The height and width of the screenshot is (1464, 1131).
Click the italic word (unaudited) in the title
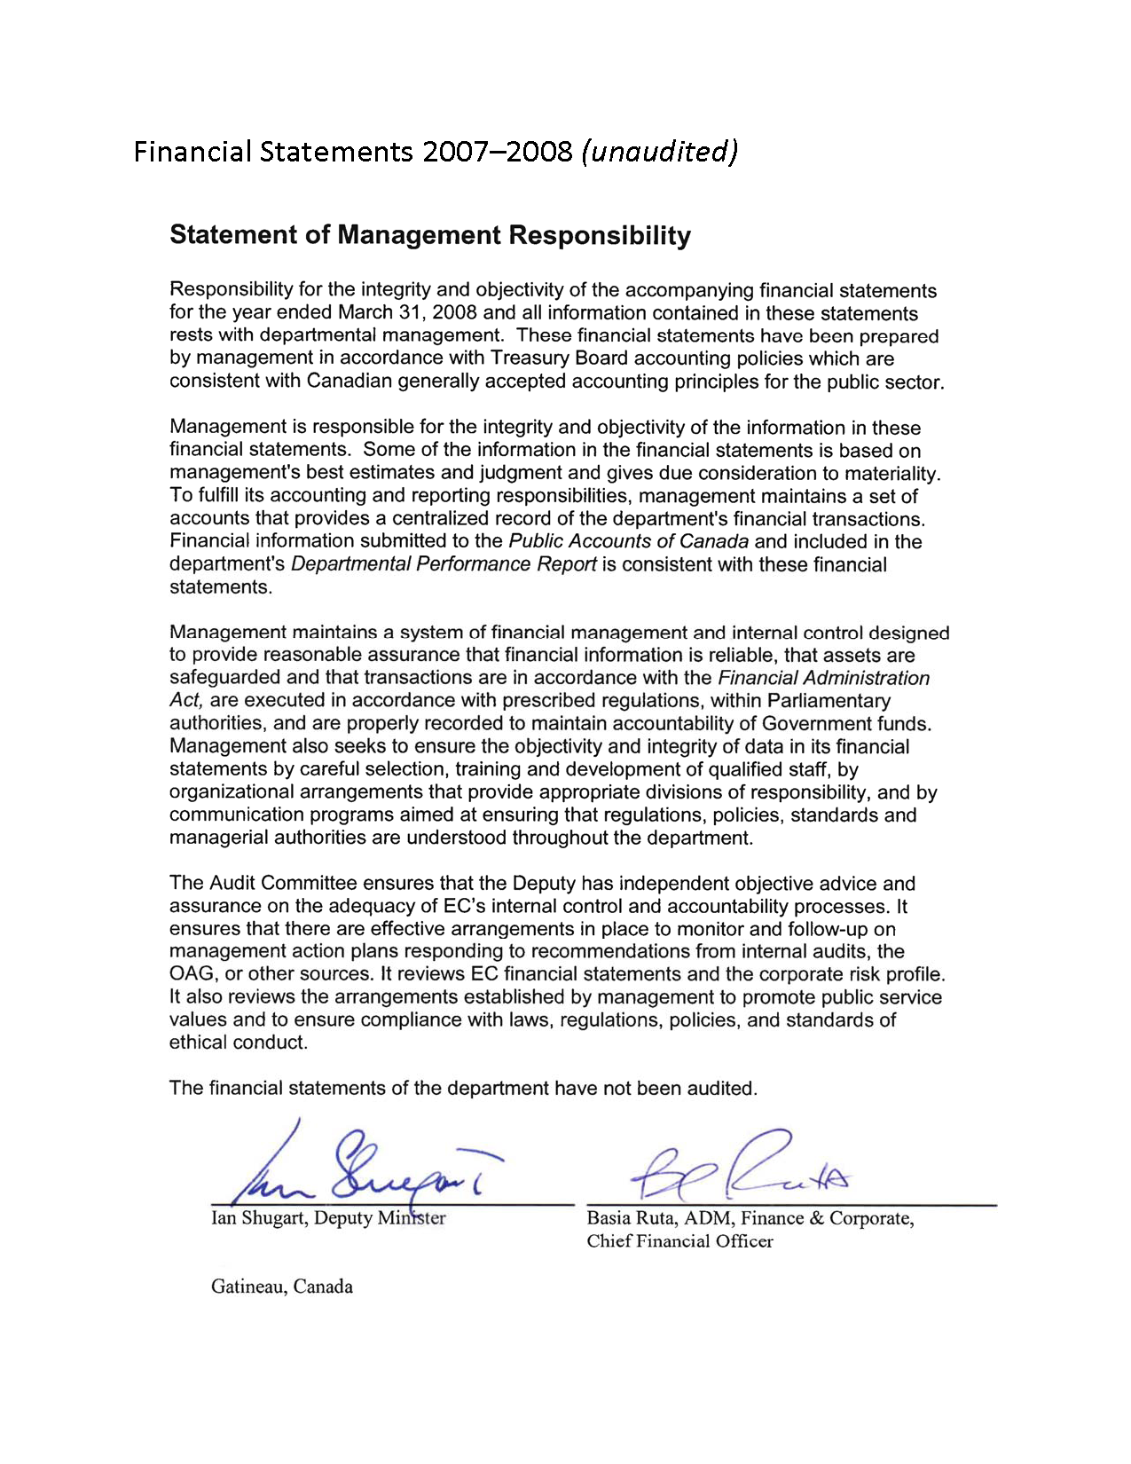tap(659, 152)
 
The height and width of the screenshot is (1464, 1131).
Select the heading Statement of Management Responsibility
tap(429, 235)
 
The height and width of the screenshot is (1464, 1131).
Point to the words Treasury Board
tap(558, 358)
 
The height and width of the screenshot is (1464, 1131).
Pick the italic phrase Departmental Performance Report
tap(443, 564)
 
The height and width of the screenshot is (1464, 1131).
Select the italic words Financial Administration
tap(823, 678)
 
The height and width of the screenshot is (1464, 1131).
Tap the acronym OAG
tap(192, 974)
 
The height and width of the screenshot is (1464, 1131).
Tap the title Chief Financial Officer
tap(679, 1241)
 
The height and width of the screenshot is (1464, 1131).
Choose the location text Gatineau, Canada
tap(281, 1287)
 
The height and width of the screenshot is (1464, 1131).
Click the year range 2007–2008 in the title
tap(497, 152)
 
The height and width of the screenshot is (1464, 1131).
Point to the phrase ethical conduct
tap(237, 1043)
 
